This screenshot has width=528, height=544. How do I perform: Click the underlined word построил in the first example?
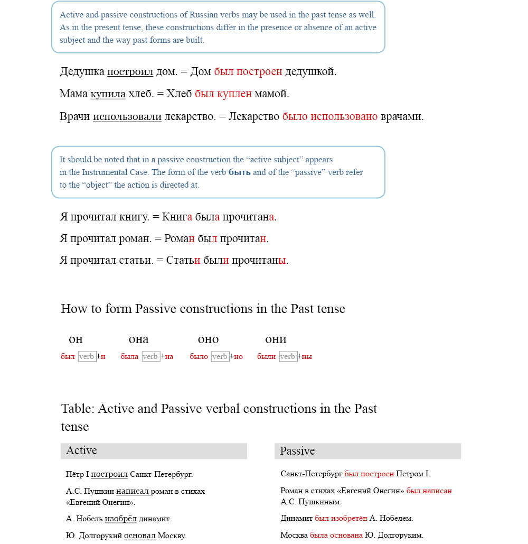tap(130, 72)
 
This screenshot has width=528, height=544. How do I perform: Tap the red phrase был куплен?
tap(223, 94)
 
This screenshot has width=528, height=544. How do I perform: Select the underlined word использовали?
tap(127, 116)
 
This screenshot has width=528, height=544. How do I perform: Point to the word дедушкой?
tap(310, 72)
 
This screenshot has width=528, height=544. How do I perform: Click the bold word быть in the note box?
tap(239, 172)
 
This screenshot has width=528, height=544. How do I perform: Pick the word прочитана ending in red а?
tap(248, 217)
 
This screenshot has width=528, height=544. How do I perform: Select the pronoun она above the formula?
tap(138, 339)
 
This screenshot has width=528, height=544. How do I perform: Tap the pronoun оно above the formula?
tap(208, 339)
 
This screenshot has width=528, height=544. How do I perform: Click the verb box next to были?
tap(288, 357)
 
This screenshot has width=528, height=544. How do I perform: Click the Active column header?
tap(82, 451)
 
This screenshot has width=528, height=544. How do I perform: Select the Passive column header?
tap(297, 451)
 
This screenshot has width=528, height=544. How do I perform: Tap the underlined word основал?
tap(140, 536)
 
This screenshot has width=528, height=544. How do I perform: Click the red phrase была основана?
tap(336, 536)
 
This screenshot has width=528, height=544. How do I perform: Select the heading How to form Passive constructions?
tap(203, 309)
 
